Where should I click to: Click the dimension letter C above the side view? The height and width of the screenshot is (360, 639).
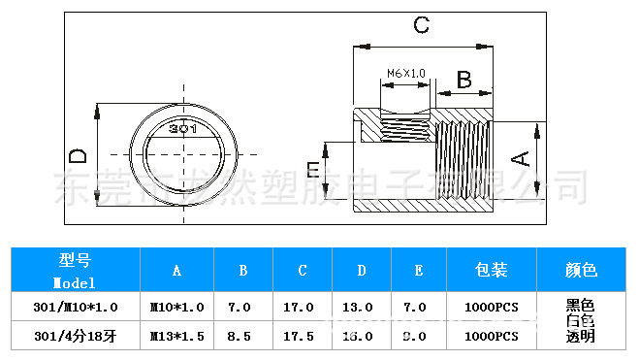421,25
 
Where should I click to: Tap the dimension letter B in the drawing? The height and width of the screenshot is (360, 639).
463,80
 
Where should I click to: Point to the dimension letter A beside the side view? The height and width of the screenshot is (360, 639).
521,159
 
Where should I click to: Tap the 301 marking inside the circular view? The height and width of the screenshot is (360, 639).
183,128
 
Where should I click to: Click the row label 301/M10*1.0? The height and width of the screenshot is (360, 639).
75,307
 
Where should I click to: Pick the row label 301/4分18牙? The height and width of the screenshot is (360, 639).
75,336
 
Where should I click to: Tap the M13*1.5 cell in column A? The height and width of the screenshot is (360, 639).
176,336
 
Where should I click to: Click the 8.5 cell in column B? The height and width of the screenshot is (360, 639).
239,336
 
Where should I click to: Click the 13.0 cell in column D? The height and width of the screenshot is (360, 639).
358,307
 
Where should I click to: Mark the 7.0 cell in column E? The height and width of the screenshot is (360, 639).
415,307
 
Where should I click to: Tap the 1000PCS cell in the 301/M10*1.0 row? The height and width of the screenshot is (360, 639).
492,307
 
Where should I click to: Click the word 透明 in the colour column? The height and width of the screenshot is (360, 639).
580,338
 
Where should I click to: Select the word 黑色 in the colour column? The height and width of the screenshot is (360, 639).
580,305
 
